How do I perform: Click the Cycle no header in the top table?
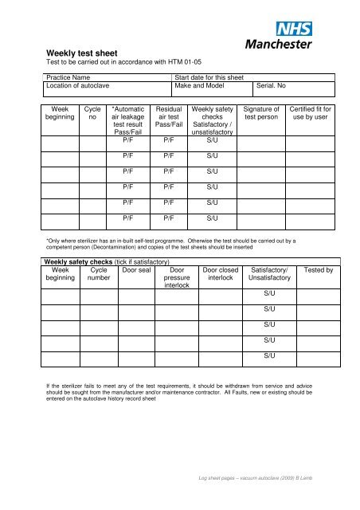coord(92,113)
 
